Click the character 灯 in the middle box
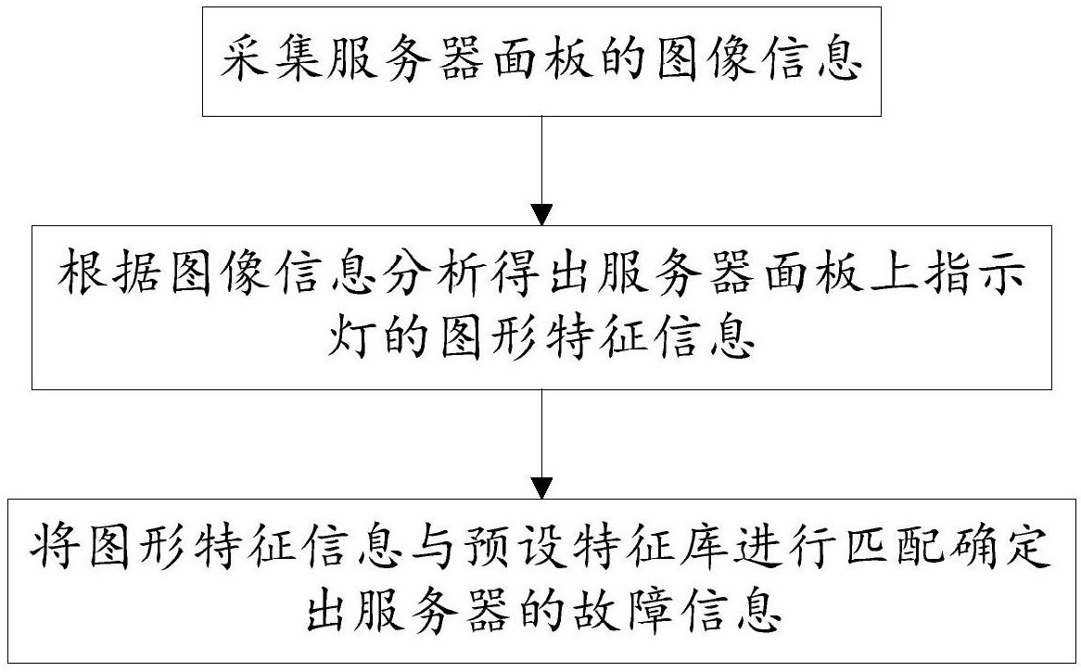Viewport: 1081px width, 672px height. [349, 337]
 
